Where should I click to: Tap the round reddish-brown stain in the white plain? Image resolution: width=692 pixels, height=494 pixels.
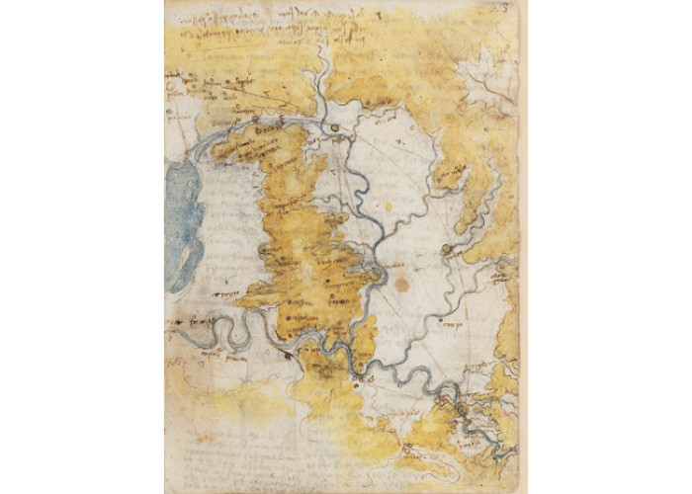[x=401, y=285]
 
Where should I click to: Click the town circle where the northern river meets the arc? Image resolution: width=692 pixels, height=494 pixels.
[x=335, y=127]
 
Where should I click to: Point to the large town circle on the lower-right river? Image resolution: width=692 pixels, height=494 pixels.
[x=461, y=409]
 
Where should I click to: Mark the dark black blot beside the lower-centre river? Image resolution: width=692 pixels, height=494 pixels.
[x=288, y=355]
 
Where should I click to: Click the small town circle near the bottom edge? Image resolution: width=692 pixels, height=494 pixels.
[x=406, y=450]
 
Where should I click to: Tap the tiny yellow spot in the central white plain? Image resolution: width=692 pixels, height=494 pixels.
[x=388, y=206]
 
